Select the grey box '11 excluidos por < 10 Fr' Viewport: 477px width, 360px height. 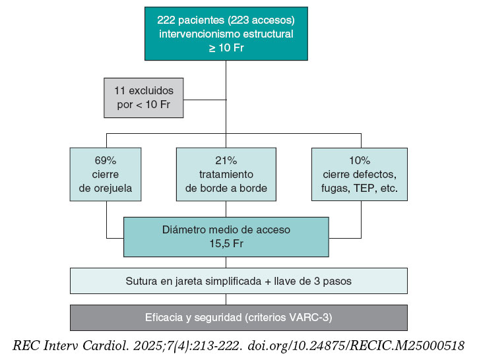[x=143, y=98]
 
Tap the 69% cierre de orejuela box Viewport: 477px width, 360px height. [x=106, y=174]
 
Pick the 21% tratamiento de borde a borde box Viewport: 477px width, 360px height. [x=226, y=174]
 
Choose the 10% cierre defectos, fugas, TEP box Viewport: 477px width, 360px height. [x=360, y=174]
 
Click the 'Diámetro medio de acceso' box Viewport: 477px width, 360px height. [x=226, y=237]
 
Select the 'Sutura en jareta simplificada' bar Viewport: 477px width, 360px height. [x=238, y=281]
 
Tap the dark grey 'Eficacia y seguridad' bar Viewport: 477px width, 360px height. [x=238, y=317]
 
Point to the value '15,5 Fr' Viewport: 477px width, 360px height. [x=226, y=243]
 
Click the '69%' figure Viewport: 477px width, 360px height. [x=106, y=160]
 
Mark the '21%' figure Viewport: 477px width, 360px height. [x=226, y=160]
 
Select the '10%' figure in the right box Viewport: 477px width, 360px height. [x=360, y=160]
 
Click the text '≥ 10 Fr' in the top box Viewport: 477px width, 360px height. [x=226, y=48]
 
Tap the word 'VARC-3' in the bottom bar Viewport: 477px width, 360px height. [x=311, y=317]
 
